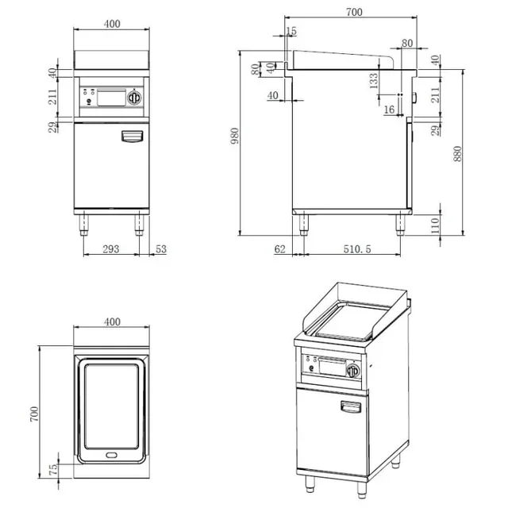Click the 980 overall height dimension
(x=235, y=136)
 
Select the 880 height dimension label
(x=457, y=154)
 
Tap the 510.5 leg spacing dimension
(x=357, y=248)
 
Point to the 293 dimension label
(x=111, y=248)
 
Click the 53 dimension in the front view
(x=161, y=248)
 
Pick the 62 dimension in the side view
(x=280, y=248)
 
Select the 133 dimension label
(x=374, y=81)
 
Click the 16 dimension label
(x=389, y=110)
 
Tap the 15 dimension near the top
(x=291, y=31)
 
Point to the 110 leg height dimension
(x=435, y=225)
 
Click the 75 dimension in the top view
(x=53, y=469)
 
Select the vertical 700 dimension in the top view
(x=34, y=414)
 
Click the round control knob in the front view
(x=134, y=97)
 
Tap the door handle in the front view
(x=133, y=136)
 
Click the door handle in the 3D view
(x=351, y=406)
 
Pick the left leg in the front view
(x=84, y=225)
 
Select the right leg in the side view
(x=400, y=225)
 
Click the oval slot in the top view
(x=111, y=455)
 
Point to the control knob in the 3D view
(x=353, y=371)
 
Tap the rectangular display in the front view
(x=111, y=98)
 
